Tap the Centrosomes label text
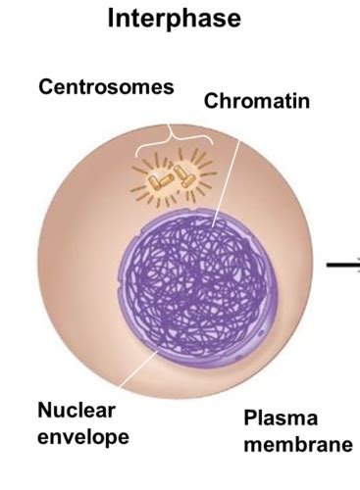point(105,87)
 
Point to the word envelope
point(83,436)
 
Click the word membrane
point(297,446)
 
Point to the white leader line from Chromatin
point(227,172)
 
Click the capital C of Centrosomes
point(46,87)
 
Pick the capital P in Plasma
point(249,419)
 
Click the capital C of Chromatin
point(210,100)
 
